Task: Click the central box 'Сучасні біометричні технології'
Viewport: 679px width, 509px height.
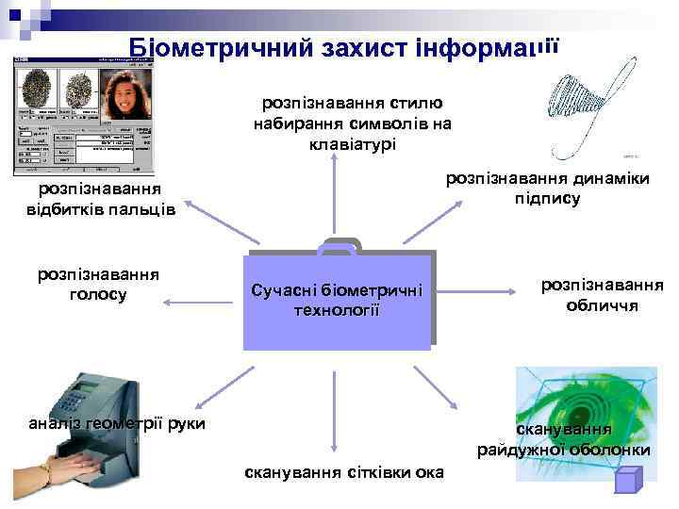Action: [x=337, y=299]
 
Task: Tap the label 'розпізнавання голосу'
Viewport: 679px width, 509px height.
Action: [x=98, y=285]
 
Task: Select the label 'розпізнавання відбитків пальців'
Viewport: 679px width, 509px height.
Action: [x=101, y=199]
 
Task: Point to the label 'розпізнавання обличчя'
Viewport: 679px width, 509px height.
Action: [x=602, y=295]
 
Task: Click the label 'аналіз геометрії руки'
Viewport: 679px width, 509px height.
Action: [x=117, y=423]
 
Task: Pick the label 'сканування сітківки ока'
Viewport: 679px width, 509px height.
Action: [x=343, y=470]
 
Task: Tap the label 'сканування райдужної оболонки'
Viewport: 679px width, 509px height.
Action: [x=564, y=440]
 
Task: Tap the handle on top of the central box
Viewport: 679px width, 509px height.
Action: [x=338, y=247]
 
